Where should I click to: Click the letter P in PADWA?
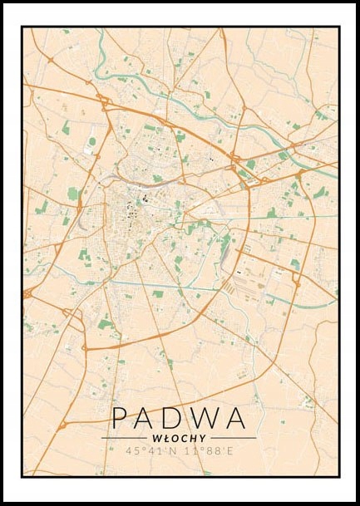(x=121, y=418)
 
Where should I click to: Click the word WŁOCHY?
(x=179, y=437)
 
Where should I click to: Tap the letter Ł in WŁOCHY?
(x=167, y=437)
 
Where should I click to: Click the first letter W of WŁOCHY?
(x=158, y=437)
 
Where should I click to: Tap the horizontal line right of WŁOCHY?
(x=233, y=437)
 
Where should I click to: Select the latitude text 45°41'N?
(x=147, y=452)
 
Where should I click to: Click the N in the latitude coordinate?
(x=169, y=452)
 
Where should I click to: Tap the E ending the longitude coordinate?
(x=234, y=452)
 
